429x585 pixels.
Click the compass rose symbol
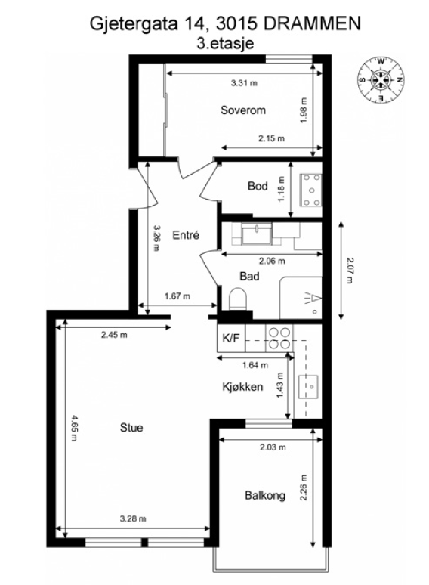[x=382, y=79]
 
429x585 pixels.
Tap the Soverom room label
[x=243, y=110]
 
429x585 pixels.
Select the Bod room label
[x=258, y=187]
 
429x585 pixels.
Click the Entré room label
[x=185, y=235]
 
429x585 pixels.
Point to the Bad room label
[x=249, y=277]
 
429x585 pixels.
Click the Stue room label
[x=131, y=428]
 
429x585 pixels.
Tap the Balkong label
[x=264, y=496]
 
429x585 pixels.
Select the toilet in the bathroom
[x=237, y=302]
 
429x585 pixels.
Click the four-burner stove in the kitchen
[x=279, y=337]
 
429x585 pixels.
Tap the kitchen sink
[x=308, y=385]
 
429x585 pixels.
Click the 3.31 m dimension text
[x=243, y=82]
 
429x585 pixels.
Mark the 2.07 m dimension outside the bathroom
[x=349, y=270]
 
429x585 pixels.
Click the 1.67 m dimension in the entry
[x=177, y=296]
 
